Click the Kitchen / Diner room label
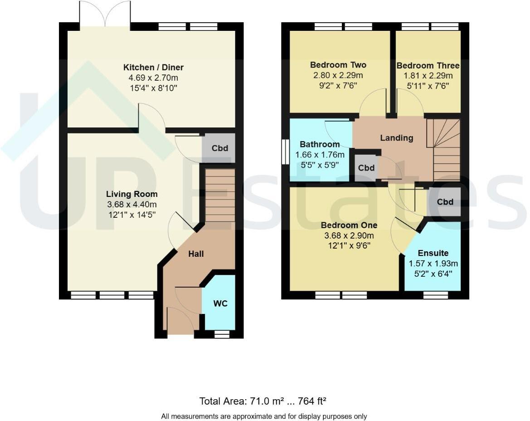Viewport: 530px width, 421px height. [153, 68]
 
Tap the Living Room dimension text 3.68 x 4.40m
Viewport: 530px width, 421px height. [131, 205]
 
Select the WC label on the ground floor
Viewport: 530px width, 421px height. [220, 304]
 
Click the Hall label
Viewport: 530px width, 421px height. [196, 254]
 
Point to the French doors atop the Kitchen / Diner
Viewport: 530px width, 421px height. [105, 15]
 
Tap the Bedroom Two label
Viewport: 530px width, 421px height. [338, 65]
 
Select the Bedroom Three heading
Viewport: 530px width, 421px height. [428, 66]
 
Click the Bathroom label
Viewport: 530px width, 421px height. [319, 145]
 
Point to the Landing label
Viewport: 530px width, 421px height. [396, 138]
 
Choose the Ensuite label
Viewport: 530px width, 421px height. [433, 253]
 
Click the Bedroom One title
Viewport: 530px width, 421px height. [349, 225]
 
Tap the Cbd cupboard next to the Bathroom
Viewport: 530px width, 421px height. [366, 168]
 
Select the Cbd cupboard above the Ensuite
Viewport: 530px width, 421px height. [444, 202]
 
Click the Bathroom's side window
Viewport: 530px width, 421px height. [285, 152]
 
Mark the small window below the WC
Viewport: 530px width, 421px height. [221, 334]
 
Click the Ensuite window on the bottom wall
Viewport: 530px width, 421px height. [435, 295]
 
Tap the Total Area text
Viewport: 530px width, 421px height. [263, 401]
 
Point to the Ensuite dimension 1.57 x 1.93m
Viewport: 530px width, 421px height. [433, 264]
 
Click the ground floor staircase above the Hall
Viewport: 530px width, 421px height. [220, 196]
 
